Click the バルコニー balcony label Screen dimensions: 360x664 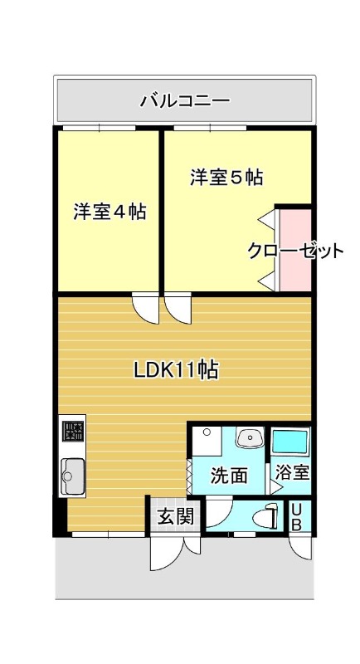point(185,101)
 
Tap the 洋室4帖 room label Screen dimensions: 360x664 point(110,212)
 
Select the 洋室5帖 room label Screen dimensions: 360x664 point(226,177)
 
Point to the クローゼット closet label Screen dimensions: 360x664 point(295,251)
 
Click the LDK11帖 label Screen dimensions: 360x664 point(176,370)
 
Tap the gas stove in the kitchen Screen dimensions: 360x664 point(73,432)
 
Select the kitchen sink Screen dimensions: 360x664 point(73,476)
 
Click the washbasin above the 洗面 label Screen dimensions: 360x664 point(250,437)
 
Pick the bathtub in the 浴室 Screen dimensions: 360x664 point(290,442)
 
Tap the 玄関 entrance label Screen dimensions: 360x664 point(176,516)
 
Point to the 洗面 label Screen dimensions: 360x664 point(229,476)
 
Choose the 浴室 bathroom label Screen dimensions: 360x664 point(293,471)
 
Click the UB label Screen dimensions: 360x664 point(297,516)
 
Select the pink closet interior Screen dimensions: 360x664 point(295,250)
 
